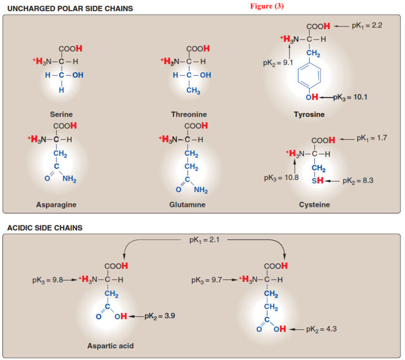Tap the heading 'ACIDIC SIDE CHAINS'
point(45,228)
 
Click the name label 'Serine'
point(61,114)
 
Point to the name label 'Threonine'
point(189,114)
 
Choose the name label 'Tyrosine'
point(309,114)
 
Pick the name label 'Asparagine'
point(60,204)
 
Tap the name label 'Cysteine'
point(315,204)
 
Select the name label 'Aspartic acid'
point(110,346)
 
